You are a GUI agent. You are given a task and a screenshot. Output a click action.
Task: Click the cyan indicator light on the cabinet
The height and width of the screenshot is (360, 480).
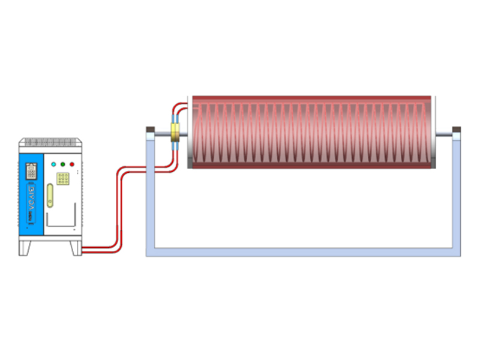click(x=53, y=164)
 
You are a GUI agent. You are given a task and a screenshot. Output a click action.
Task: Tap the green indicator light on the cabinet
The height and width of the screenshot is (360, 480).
click(x=62, y=164)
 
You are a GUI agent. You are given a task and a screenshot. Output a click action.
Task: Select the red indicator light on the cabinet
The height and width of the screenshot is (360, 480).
click(x=71, y=164)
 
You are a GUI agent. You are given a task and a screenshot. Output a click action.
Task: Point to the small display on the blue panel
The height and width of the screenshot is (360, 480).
click(x=31, y=171)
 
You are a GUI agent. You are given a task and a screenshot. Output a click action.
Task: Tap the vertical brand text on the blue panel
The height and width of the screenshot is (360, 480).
click(x=32, y=195)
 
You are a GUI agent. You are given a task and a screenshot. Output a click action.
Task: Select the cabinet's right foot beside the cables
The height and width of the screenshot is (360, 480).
click(x=75, y=247)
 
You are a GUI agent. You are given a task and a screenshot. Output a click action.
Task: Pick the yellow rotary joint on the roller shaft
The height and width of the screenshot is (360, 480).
click(x=175, y=133)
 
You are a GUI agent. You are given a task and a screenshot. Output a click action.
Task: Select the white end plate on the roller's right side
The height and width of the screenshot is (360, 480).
click(x=434, y=132)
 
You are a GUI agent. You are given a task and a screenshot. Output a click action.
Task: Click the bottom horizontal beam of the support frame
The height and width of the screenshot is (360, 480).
click(x=303, y=251)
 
